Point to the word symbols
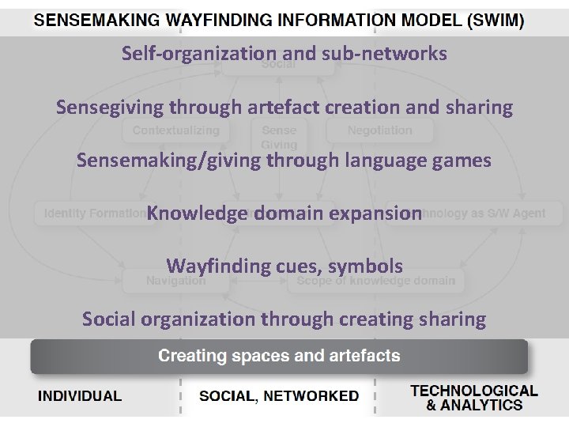[367, 266]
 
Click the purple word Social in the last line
[111, 319]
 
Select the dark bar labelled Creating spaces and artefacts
[279, 356]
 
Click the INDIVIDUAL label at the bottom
[81, 396]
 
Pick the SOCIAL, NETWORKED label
[279, 396]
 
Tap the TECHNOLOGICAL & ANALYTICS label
[474, 398]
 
